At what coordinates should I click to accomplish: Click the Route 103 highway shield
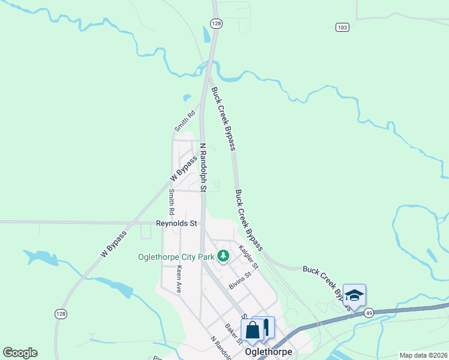[x=342, y=28]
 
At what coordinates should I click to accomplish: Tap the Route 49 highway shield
[x=369, y=313]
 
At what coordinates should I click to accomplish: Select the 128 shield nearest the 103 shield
[x=216, y=23]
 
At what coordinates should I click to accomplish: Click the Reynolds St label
[x=176, y=223]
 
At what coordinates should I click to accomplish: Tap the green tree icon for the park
[x=223, y=257]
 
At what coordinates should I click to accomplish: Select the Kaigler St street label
[x=248, y=256]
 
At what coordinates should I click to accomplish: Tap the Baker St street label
[x=233, y=334]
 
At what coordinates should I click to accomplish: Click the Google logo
[x=20, y=353]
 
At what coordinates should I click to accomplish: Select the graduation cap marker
[x=354, y=295]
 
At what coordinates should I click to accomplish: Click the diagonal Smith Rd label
[x=185, y=121]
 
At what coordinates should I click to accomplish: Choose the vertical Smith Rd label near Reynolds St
[x=172, y=202]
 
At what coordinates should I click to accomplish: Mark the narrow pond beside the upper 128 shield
[x=207, y=37]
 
